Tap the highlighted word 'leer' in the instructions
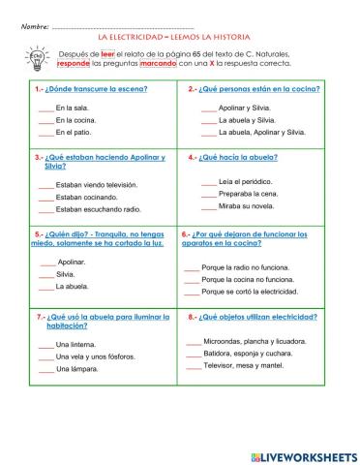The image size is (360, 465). click(107, 51)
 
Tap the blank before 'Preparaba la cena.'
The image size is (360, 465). click(209, 194)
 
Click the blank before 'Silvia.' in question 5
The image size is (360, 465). click(47, 274)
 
